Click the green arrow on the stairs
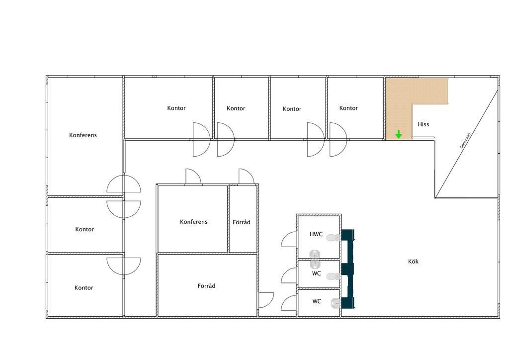(398, 134)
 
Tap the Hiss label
(424, 124)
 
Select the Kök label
(413, 262)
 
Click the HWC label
(316, 234)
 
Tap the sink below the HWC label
(314, 254)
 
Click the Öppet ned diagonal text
(465, 141)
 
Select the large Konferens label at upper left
(83, 135)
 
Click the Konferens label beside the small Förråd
(193, 222)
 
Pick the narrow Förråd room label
(242, 222)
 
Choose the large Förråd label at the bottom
(206, 285)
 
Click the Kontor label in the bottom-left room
(84, 287)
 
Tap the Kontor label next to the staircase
(348, 108)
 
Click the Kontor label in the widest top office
(176, 108)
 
